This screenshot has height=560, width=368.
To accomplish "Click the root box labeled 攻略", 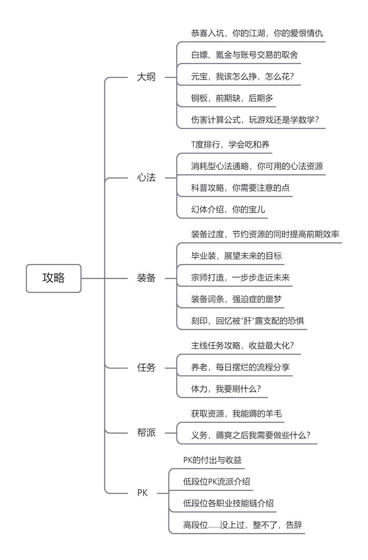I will [53, 278].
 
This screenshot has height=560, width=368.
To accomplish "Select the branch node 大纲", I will [146, 77].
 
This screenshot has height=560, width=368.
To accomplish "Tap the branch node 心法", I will [146, 178].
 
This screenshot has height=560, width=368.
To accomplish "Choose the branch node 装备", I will [146, 279].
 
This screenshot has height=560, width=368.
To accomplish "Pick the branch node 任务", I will [146, 368].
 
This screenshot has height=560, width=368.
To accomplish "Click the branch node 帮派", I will [146, 433].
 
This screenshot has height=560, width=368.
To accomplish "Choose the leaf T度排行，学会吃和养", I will [230, 144].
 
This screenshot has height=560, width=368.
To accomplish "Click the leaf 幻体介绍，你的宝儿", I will [228, 210].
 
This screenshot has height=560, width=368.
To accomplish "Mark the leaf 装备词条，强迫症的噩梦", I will [236, 299].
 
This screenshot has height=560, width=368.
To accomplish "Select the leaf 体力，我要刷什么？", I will [226, 389].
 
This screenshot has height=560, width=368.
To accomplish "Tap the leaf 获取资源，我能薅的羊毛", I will [236, 414].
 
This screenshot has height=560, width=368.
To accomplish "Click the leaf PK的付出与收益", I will [212, 460].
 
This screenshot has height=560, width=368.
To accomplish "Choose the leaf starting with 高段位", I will [243, 525].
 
